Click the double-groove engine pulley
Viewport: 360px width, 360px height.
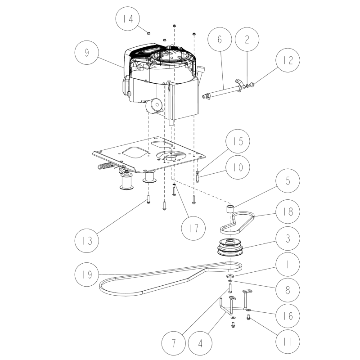coord(229,248)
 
